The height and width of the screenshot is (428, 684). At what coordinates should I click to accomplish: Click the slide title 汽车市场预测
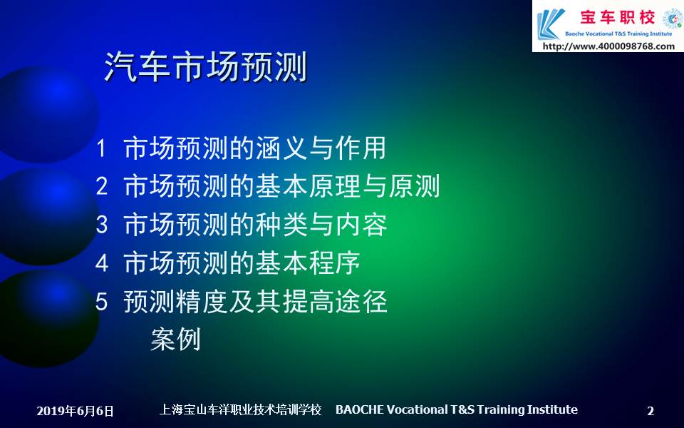206,67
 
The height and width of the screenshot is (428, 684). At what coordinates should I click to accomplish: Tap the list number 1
101,148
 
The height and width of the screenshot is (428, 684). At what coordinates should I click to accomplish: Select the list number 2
102,186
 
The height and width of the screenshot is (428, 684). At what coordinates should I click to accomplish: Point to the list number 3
102,225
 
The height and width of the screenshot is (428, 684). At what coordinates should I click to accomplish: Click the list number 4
102,263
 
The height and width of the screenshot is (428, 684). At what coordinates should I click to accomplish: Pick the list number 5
102,301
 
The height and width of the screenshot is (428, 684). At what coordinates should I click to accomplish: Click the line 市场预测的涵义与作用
255,148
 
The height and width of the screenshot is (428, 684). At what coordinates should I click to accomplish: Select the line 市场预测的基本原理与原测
281,186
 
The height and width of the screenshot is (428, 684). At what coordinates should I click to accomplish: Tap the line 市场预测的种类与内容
255,225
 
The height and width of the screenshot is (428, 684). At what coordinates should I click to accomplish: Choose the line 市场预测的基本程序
242,263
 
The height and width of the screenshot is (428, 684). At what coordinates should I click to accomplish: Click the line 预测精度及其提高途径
255,301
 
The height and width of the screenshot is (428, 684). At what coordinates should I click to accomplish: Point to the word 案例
175,340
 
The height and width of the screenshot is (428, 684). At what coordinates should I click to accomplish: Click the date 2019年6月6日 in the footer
75,411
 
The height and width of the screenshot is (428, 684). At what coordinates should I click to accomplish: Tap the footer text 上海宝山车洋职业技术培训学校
240,409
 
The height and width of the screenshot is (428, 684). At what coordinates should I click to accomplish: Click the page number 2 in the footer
651,411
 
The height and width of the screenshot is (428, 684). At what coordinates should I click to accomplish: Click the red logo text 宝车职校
617,17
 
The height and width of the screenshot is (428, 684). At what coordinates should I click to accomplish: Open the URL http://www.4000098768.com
608,46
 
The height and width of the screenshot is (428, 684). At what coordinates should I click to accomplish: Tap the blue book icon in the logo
550,24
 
